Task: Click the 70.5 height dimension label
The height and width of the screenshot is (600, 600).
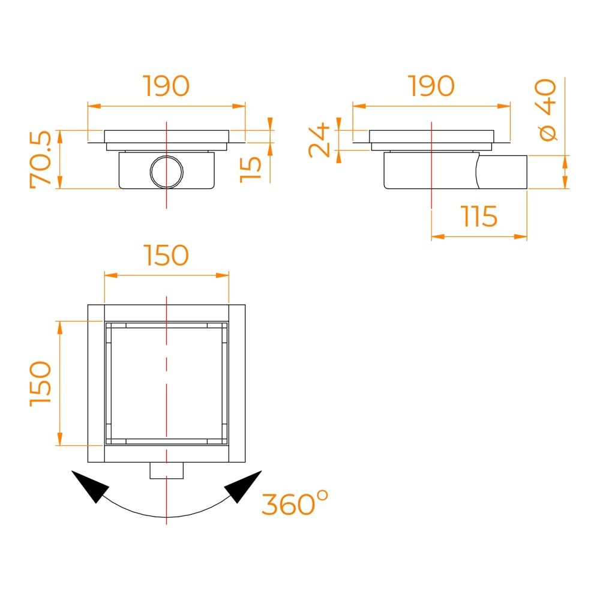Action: click(40, 160)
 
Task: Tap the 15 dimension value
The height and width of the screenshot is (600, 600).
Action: click(251, 170)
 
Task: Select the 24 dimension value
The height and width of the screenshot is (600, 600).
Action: click(319, 140)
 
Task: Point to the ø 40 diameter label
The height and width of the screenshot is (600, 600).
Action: click(546, 110)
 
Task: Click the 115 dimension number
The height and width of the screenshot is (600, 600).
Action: click(479, 216)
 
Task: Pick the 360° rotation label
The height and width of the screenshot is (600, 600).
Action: click(295, 503)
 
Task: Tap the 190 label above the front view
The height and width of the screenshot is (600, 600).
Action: click(166, 86)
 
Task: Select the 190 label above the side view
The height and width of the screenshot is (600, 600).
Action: click(431, 86)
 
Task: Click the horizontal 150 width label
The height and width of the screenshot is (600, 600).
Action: click(166, 255)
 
